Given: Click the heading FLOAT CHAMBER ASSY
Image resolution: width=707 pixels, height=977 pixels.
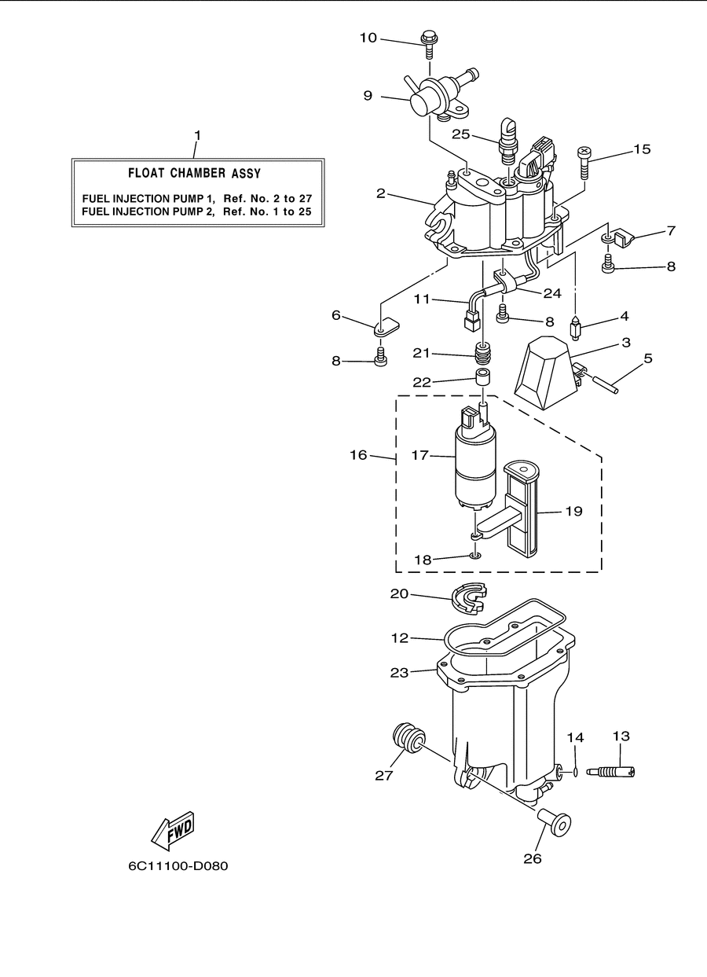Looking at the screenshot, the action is (x=194, y=173).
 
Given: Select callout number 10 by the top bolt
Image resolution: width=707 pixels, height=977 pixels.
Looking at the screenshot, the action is (x=368, y=38).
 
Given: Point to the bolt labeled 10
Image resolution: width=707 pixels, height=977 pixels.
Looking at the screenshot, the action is (x=430, y=45).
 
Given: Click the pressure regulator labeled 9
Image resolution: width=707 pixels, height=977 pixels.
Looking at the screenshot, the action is (x=439, y=97).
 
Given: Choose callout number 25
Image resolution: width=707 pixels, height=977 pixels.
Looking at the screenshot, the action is (x=460, y=134).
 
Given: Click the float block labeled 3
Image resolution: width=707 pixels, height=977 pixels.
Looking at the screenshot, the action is (x=547, y=373).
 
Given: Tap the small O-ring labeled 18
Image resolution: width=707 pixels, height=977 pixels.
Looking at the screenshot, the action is (x=475, y=556).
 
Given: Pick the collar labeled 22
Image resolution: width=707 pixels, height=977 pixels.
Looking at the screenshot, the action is (x=482, y=377).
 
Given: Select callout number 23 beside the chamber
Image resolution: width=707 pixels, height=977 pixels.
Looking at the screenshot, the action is (x=399, y=673).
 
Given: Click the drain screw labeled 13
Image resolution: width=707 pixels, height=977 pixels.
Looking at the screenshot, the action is (x=610, y=773).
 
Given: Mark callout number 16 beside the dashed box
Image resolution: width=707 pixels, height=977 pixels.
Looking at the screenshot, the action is (x=358, y=455).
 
